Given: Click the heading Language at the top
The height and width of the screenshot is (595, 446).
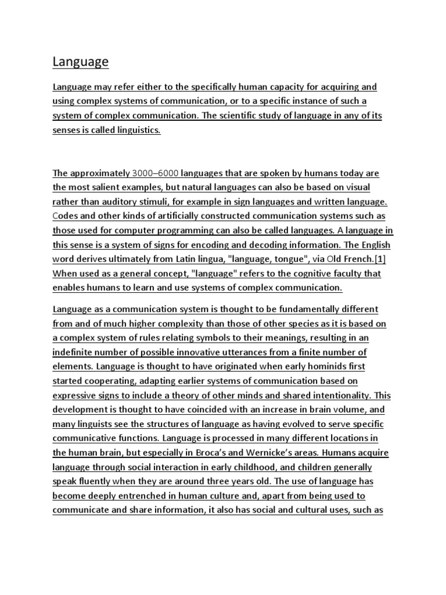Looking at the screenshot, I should click(81, 62).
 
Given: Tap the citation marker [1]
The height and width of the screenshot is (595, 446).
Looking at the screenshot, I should click(377, 259).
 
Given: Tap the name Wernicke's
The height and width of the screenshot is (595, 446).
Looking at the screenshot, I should click(289, 453).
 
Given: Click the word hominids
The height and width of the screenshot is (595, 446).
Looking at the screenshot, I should click(322, 367).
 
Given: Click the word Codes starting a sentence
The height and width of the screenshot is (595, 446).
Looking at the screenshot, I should click(66, 216).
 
